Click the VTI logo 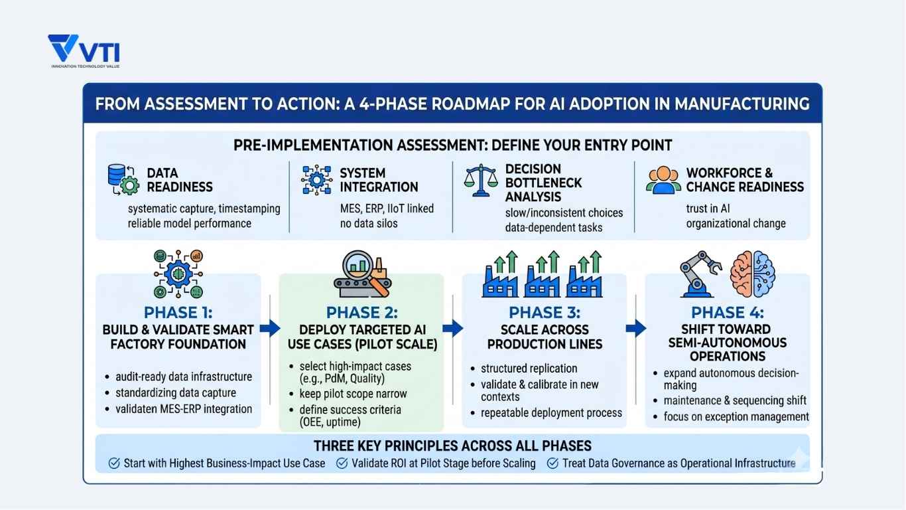click(x=84, y=51)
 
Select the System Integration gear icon click(x=315, y=179)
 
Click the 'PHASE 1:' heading click(x=178, y=313)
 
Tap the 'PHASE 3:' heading click(x=544, y=313)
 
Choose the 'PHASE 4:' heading click(x=727, y=313)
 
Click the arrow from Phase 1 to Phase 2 click(x=269, y=327)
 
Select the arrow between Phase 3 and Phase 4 click(x=635, y=327)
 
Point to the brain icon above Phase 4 click(x=752, y=272)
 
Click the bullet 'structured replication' click(x=529, y=369)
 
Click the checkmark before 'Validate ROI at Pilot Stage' click(x=342, y=463)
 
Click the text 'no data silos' click(x=369, y=223)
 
